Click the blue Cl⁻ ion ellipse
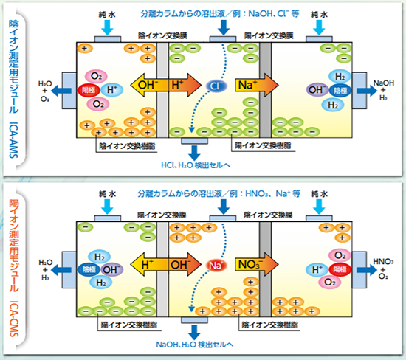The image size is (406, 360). point(216,86)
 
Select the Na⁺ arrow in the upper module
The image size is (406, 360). point(256,85)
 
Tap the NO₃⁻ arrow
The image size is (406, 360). point(256,265)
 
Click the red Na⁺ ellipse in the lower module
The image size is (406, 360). point(216,266)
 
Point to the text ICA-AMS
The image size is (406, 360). point(14,140)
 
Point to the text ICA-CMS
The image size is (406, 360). point(14,319)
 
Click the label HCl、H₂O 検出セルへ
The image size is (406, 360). point(196,165)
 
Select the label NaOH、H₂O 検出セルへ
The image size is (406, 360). point(194,345)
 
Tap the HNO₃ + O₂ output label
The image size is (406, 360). point(383,269)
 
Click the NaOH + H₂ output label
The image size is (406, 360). point(383,90)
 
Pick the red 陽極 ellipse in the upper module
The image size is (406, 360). point(89,90)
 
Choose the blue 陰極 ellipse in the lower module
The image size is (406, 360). point(89,270)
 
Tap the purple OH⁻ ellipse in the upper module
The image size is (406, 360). point(317,90)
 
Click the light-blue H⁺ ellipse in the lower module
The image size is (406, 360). point(317,270)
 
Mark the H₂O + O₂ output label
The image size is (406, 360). point(45,91)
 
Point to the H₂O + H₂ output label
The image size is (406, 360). point(45,270)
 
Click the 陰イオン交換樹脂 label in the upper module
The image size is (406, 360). point(127,146)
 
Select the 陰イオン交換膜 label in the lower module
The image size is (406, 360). point(268,215)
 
